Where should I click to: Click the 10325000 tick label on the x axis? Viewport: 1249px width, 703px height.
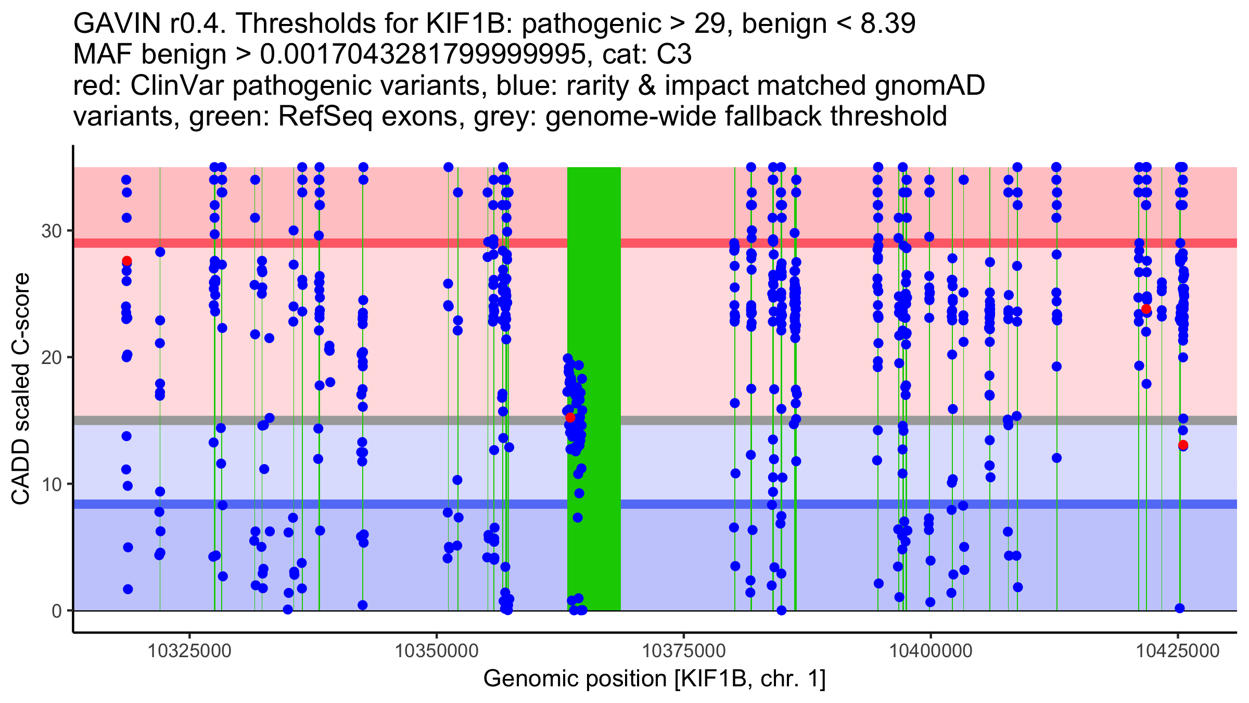[x=189, y=651]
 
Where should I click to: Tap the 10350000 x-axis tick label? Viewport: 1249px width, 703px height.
[x=437, y=651]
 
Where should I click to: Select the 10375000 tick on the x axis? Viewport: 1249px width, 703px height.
[x=683, y=651]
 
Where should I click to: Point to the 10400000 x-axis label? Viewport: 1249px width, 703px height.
[x=931, y=651]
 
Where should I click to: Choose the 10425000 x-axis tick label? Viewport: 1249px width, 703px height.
[x=1177, y=651]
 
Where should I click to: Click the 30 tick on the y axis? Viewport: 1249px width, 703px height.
[x=51, y=231]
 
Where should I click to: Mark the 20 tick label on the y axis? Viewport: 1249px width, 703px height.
[x=51, y=357]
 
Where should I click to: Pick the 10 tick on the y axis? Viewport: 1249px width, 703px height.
[x=51, y=484]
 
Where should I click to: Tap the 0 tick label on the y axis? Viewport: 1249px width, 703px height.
[x=56, y=611]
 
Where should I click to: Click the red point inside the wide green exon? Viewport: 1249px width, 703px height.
[x=570, y=417]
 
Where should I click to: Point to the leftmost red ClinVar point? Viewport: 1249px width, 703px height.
[x=126, y=261]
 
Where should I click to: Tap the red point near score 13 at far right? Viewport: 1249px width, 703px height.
[x=1183, y=445]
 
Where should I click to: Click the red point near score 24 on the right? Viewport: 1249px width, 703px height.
[x=1146, y=309]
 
